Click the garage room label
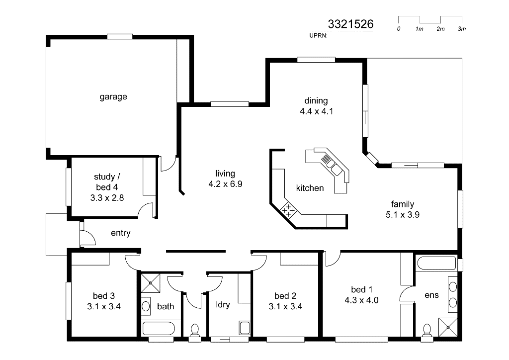pyautogui.click(x=113, y=97)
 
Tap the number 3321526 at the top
pyautogui.click(x=350, y=24)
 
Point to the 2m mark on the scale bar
pyautogui.click(x=440, y=29)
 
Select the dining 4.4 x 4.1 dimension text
pyautogui.click(x=317, y=111)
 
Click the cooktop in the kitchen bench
pyautogui.click(x=288, y=210)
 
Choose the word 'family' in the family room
pyautogui.click(x=403, y=204)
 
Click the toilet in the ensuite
pyautogui.click(x=427, y=332)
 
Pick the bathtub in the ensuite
pyautogui.click(x=436, y=263)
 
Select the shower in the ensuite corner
pyautogui.click(x=448, y=327)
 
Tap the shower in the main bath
pyautogui.click(x=150, y=283)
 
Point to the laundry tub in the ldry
pyautogui.click(x=245, y=328)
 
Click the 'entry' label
pyautogui.click(x=121, y=233)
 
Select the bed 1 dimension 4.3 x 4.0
pyautogui.click(x=362, y=300)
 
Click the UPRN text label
pyautogui.click(x=319, y=36)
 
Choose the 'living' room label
pyautogui.click(x=225, y=174)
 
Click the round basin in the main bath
pyautogui.click(x=146, y=306)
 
